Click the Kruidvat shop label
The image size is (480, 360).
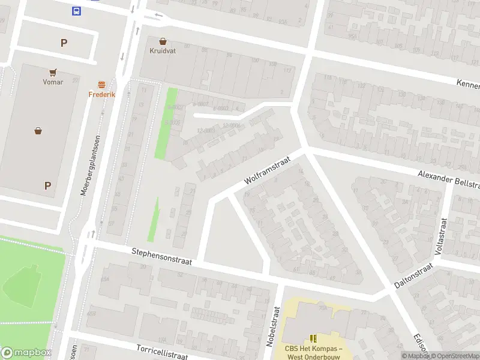pos(163,51)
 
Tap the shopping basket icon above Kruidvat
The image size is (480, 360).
pos(163,41)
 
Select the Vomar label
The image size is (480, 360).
pos(53,82)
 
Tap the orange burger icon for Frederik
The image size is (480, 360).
pos(101,85)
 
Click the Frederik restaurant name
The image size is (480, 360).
pos(101,94)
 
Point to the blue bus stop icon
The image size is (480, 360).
pos(77,11)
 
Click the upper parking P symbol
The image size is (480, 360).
pos(64,43)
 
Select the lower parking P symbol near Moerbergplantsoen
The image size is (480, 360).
pos(47,186)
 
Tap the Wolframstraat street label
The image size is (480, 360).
pos(267,171)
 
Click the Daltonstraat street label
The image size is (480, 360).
pos(414,276)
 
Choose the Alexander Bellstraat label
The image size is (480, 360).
pos(449,178)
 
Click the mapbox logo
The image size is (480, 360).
pos(26,353)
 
